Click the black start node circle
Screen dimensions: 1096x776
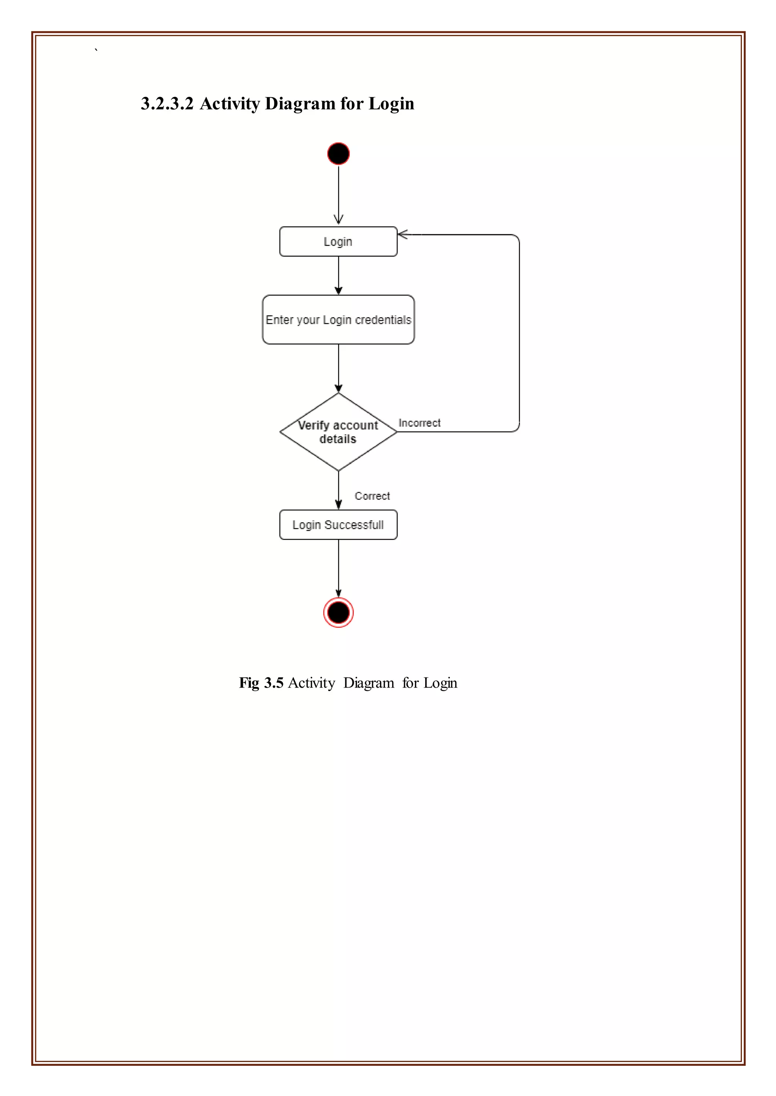338,154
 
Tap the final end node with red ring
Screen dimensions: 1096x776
338,612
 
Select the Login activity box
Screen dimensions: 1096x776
338,241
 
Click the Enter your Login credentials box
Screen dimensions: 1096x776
338,319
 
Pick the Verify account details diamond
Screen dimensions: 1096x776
338,432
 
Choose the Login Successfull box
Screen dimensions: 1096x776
338,525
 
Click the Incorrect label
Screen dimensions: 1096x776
419,423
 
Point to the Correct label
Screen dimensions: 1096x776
372,496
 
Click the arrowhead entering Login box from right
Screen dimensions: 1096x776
403,234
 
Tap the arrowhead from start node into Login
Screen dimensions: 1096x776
338,220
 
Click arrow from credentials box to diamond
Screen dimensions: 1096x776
338,367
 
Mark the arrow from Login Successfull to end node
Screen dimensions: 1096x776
338,568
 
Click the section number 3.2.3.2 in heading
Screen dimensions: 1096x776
167,104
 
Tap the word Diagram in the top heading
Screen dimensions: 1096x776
300,104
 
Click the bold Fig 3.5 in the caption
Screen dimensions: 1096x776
261,683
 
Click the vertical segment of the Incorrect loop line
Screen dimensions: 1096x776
519,334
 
